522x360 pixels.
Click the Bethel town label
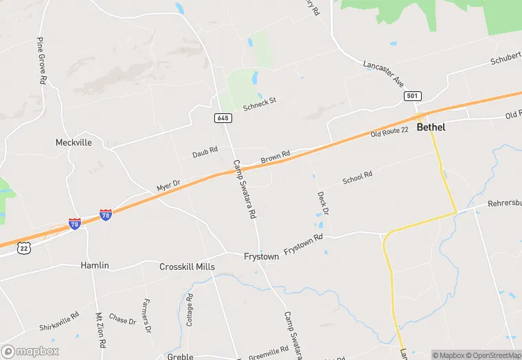coord(431,127)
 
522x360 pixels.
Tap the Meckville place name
coord(73,143)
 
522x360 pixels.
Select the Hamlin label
coord(95,265)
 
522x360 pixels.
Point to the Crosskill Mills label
coord(187,267)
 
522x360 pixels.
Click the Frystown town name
coord(261,256)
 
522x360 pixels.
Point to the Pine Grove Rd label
coord(42,61)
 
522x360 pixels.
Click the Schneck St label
coord(259,104)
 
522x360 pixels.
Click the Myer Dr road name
coord(168,186)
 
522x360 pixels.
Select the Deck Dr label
coord(322,201)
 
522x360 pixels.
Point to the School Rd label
coord(357,178)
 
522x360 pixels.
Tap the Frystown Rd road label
coord(303,245)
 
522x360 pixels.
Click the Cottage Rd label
coord(190,310)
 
